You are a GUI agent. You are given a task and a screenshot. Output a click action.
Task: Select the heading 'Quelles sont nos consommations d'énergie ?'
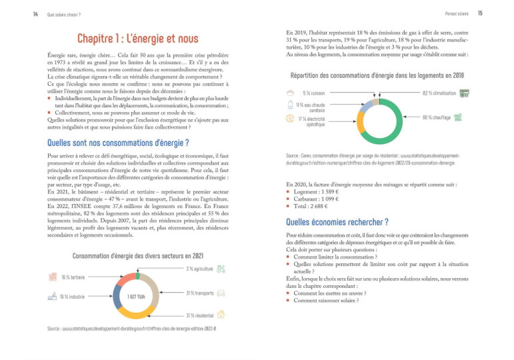(118, 143)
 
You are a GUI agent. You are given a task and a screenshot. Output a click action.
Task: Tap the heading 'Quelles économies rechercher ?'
(337, 222)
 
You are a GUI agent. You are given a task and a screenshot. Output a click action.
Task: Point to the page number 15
(479, 14)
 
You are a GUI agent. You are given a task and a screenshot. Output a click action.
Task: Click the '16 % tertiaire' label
(73, 277)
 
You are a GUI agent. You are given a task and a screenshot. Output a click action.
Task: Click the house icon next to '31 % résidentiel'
(221, 315)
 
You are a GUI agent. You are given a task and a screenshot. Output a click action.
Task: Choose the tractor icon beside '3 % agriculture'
(221, 269)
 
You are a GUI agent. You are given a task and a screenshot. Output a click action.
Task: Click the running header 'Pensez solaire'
(455, 14)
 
